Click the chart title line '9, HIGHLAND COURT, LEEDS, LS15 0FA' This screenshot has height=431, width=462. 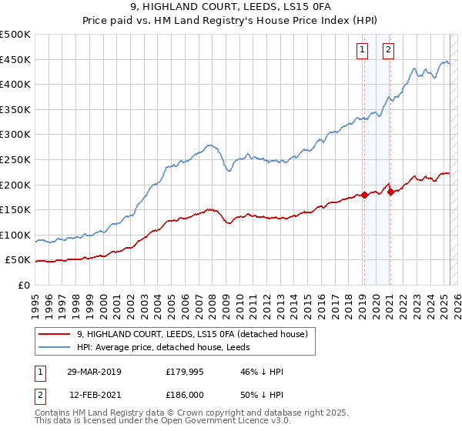[x=231, y=7]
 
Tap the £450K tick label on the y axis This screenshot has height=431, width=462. [x=15, y=59]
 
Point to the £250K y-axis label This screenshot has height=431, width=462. [x=15, y=159]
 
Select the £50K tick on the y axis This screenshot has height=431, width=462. [x=18, y=260]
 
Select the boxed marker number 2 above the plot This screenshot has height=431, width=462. [x=388, y=50]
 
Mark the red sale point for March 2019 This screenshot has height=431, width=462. [x=364, y=195]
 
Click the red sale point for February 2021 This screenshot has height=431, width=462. [x=390, y=192]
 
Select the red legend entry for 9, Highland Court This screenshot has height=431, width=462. [x=192, y=334]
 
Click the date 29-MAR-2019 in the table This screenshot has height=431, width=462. [x=95, y=372]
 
